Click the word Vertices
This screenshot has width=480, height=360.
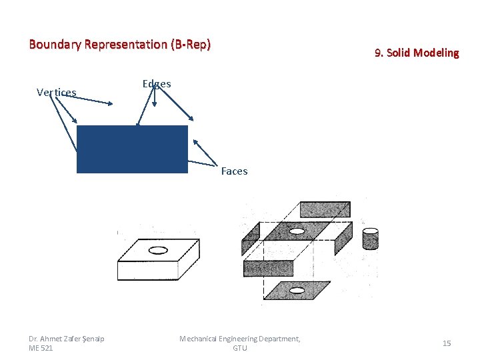56,92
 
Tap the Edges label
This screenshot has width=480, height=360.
157,84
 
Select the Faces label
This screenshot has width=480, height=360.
234,171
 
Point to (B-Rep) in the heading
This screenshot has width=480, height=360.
190,45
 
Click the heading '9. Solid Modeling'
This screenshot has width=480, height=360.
417,53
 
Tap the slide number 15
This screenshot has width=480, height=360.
447,343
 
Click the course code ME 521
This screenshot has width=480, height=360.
41,348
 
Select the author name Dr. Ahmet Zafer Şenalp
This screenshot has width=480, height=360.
67,339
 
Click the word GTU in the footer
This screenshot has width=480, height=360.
240,348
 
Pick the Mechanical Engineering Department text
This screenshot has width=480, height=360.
240,339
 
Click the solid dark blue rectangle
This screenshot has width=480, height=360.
132,149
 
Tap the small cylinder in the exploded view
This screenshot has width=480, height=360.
371,238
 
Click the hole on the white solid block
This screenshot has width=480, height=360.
158,251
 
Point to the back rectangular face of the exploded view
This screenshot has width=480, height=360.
325,209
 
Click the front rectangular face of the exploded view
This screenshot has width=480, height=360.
268,268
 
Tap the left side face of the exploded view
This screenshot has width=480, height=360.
251,233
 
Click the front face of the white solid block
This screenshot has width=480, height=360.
147,271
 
